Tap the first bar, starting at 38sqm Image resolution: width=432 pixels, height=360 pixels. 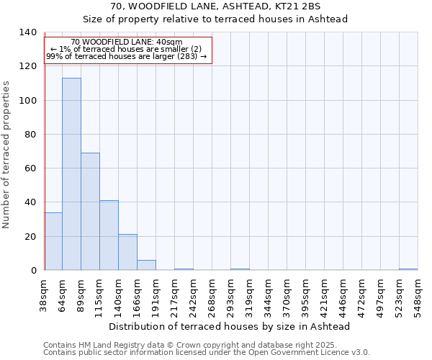tap(53, 241)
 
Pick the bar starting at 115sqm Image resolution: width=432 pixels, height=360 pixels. tap(109, 235)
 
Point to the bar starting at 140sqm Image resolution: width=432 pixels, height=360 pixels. tap(127, 252)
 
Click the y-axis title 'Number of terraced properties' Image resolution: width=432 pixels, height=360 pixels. tap(6, 154)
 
